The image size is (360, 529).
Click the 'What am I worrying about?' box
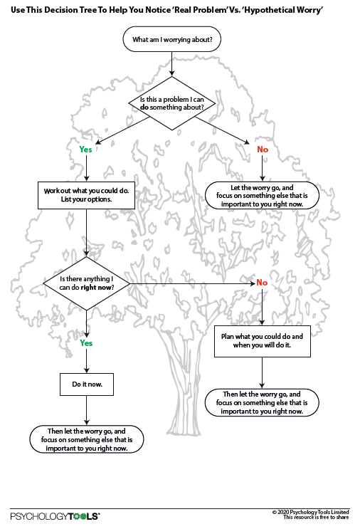tap(172, 39)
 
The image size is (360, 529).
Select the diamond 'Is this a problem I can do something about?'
tap(172, 103)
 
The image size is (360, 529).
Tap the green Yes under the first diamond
tap(85, 149)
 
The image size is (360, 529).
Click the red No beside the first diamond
tap(263, 149)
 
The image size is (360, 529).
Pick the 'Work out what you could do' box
tap(86, 195)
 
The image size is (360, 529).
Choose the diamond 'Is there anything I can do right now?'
tap(86, 283)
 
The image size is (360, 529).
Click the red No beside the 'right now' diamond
tap(262, 283)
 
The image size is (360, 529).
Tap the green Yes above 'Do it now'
tap(86, 343)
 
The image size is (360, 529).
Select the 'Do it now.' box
tap(87, 384)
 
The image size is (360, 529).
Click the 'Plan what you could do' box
tap(263, 341)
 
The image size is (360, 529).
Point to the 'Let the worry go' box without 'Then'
tap(262, 196)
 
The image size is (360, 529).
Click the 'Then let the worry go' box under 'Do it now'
tap(87, 439)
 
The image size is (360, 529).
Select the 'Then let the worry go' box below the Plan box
tap(262, 402)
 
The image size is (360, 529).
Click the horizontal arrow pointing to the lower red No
tap(192, 284)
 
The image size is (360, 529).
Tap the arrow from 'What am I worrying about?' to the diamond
tap(172, 64)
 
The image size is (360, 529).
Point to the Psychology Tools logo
tap(55, 516)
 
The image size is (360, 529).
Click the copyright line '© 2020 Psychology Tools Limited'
tap(310, 512)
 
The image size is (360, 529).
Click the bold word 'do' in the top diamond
tap(144, 108)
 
